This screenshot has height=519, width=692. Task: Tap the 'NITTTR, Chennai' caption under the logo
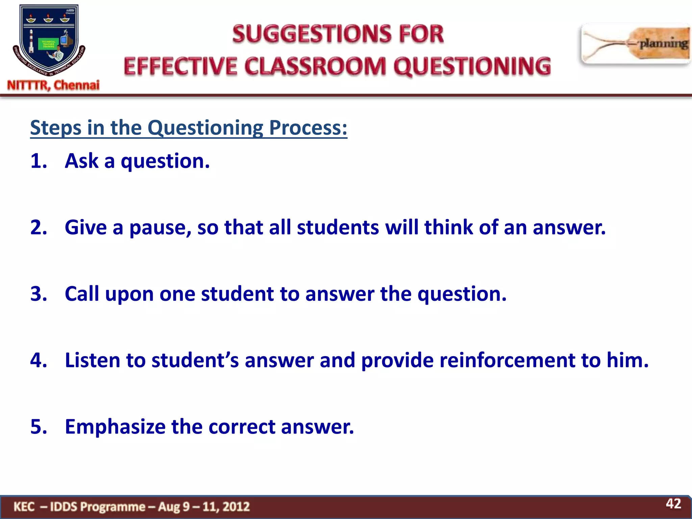[x=53, y=85]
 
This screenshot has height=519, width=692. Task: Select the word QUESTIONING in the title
[x=472, y=66]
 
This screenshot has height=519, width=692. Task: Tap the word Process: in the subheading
[x=308, y=128]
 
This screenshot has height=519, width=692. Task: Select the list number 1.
[x=38, y=161]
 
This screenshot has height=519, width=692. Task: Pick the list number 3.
[x=38, y=294]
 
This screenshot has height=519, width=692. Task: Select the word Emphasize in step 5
[x=115, y=427]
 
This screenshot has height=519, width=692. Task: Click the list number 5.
[x=38, y=427]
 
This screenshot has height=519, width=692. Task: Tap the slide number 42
[x=673, y=504]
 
